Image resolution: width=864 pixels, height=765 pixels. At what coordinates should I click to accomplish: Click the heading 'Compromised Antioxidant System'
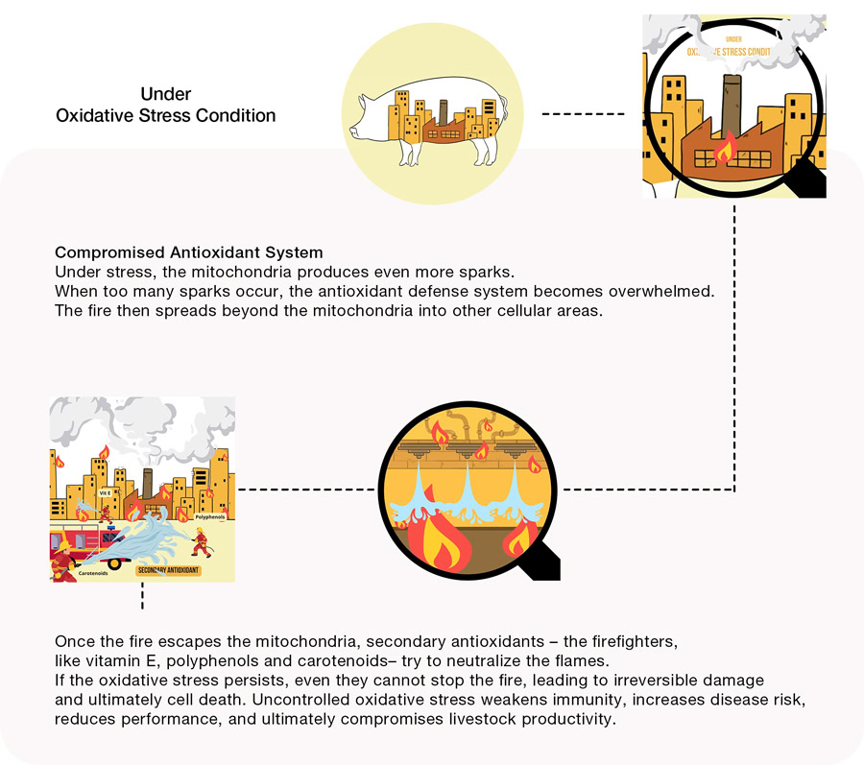tap(188, 253)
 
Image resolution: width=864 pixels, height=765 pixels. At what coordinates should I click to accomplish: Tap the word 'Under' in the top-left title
tap(166, 94)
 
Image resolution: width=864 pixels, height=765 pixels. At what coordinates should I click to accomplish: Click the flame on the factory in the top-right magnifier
tap(728, 148)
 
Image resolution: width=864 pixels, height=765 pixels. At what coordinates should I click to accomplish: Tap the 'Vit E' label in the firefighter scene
tap(106, 491)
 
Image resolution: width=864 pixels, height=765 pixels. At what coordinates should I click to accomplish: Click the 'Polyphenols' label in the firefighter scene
tap(209, 517)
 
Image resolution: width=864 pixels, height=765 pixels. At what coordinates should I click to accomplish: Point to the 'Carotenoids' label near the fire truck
tap(84, 572)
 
